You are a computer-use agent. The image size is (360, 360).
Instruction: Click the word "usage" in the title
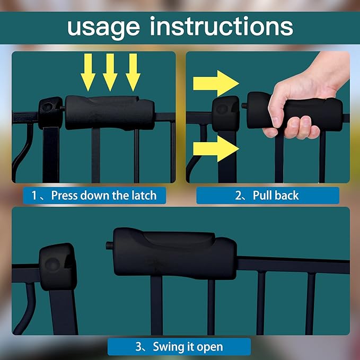click(103, 29)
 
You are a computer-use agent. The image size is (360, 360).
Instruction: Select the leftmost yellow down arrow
click(88, 72)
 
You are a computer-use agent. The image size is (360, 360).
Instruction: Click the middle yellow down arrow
click(110, 72)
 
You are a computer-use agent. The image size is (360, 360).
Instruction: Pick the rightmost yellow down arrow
click(133, 72)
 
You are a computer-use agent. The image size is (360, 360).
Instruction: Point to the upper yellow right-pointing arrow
click(216, 83)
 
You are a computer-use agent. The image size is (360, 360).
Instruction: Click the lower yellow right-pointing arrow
click(216, 148)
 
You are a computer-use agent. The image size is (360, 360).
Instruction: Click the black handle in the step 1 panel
click(110, 113)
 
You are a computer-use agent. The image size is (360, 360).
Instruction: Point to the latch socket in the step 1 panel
click(50, 113)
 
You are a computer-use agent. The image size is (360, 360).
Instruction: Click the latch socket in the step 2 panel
click(226, 113)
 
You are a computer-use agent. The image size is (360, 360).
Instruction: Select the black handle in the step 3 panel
click(175, 253)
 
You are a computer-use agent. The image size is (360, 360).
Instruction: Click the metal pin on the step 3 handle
click(110, 245)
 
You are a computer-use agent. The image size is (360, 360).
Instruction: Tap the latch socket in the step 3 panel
click(58, 267)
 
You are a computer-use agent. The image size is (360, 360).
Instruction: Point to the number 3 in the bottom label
click(139, 347)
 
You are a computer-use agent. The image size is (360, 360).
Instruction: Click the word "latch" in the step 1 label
click(144, 196)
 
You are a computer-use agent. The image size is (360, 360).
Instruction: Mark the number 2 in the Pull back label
click(238, 196)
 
